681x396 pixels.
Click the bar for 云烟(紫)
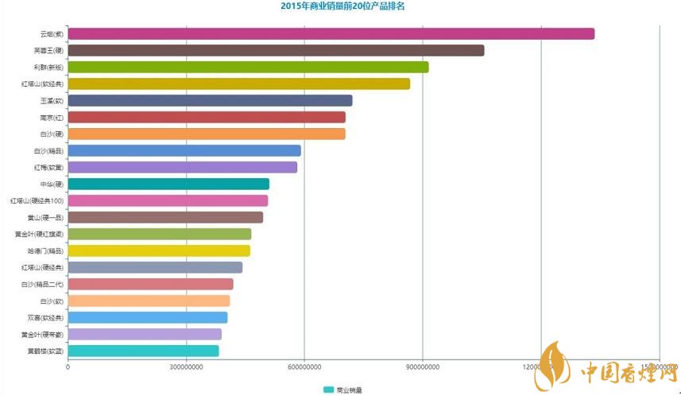[x=331, y=33]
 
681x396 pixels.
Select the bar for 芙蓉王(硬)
[x=276, y=50]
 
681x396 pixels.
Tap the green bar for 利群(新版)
[x=248, y=67]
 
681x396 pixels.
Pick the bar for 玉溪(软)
[x=210, y=100]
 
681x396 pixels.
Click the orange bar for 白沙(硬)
[x=207, y=134]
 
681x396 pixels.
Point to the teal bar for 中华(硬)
[x=168, y=184]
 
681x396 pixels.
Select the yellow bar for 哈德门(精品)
[x=159, y=250]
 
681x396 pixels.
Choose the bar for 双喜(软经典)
[x=148, y=317]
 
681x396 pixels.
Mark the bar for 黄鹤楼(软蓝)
[x=143, y=351]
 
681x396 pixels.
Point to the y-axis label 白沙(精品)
[x=48, y=150]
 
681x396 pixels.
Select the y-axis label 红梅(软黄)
[x=48, y=167]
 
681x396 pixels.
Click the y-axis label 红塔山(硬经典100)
[x=37, y=200]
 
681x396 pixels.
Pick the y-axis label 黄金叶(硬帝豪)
[x=43, y=334]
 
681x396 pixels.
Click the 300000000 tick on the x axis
[x=185, y=366]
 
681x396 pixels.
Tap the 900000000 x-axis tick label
[x=422, y=366]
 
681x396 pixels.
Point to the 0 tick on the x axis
[x=68, y=366]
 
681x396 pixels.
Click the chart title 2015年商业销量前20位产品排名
[x=342, y=6]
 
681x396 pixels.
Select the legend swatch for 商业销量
[x=328, y=390]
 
